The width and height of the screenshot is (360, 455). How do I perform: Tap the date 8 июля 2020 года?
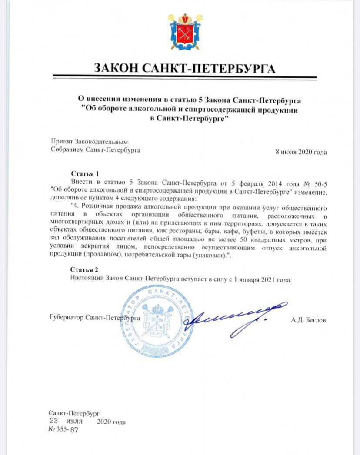(x=301, y=152)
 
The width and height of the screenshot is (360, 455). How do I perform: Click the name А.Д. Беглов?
(x=309, y=320)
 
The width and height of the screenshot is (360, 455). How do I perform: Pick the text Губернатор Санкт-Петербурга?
(x=95, y=318)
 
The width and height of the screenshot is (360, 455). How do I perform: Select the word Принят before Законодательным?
(x=62, y=142)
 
